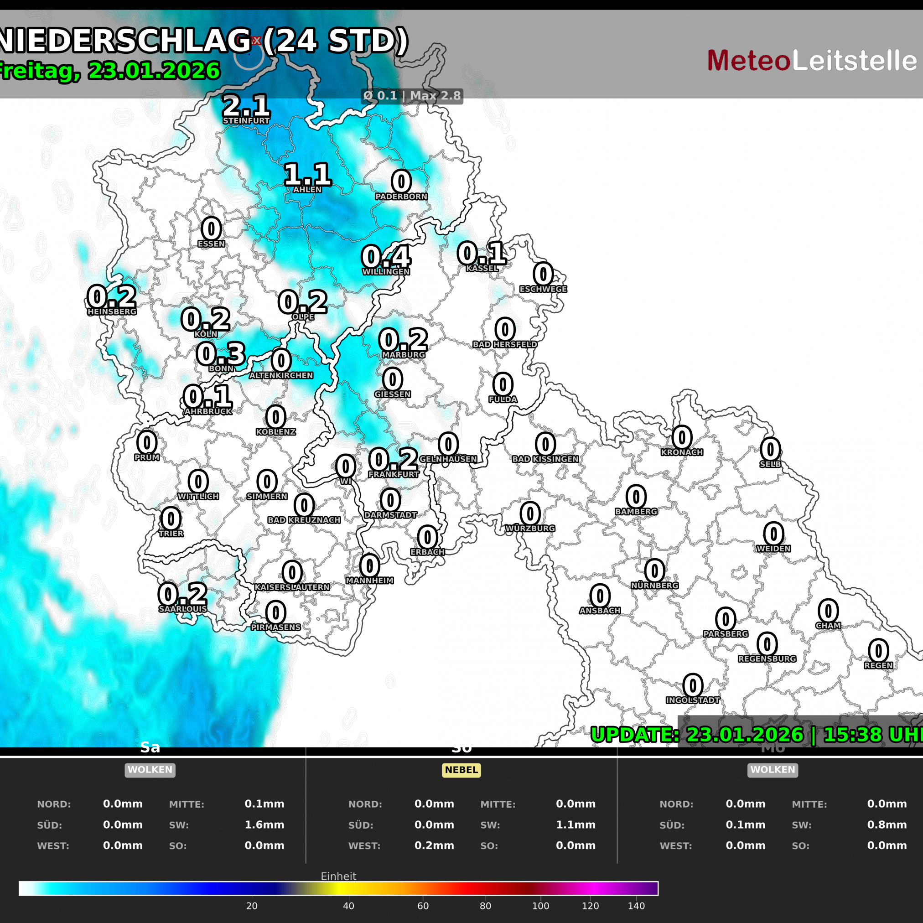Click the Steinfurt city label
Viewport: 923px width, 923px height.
pyautogui.click(x=246, y=121)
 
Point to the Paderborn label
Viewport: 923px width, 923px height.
pyautogui.click(x=401, y=197)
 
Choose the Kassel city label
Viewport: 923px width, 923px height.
pyautogui.click(x=482, y=269)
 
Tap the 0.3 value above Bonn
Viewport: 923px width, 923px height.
pyautogui.click(x=221, y=353)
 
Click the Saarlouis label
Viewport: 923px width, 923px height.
pyautogui.click(x=183, y=609)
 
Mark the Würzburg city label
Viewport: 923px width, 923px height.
pyautogui.click(x=530, y=529)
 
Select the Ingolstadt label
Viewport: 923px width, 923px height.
pyautogui.click(x=693, y=700)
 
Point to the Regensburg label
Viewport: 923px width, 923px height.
pyautogui.click(x=767, y=659)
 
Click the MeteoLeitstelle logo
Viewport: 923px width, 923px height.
pyautogui.click(x=812, y=61)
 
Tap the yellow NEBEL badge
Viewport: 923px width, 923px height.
pyautogui.click(x=461, y=770)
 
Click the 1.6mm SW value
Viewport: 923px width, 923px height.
pyautogui.click(x=264, y=824)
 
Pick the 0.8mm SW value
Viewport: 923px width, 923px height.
pyautogui.click(x=887, y=824)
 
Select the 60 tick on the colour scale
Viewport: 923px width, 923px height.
pyautogui.click(x=423, y=906)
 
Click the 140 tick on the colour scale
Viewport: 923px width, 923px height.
pyautogui.click(x=636, y=906)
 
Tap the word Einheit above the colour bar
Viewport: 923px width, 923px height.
pyautogui.click(x=338, y=876)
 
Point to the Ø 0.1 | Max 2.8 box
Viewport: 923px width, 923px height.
pyautogui.click(x=412, y=96)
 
